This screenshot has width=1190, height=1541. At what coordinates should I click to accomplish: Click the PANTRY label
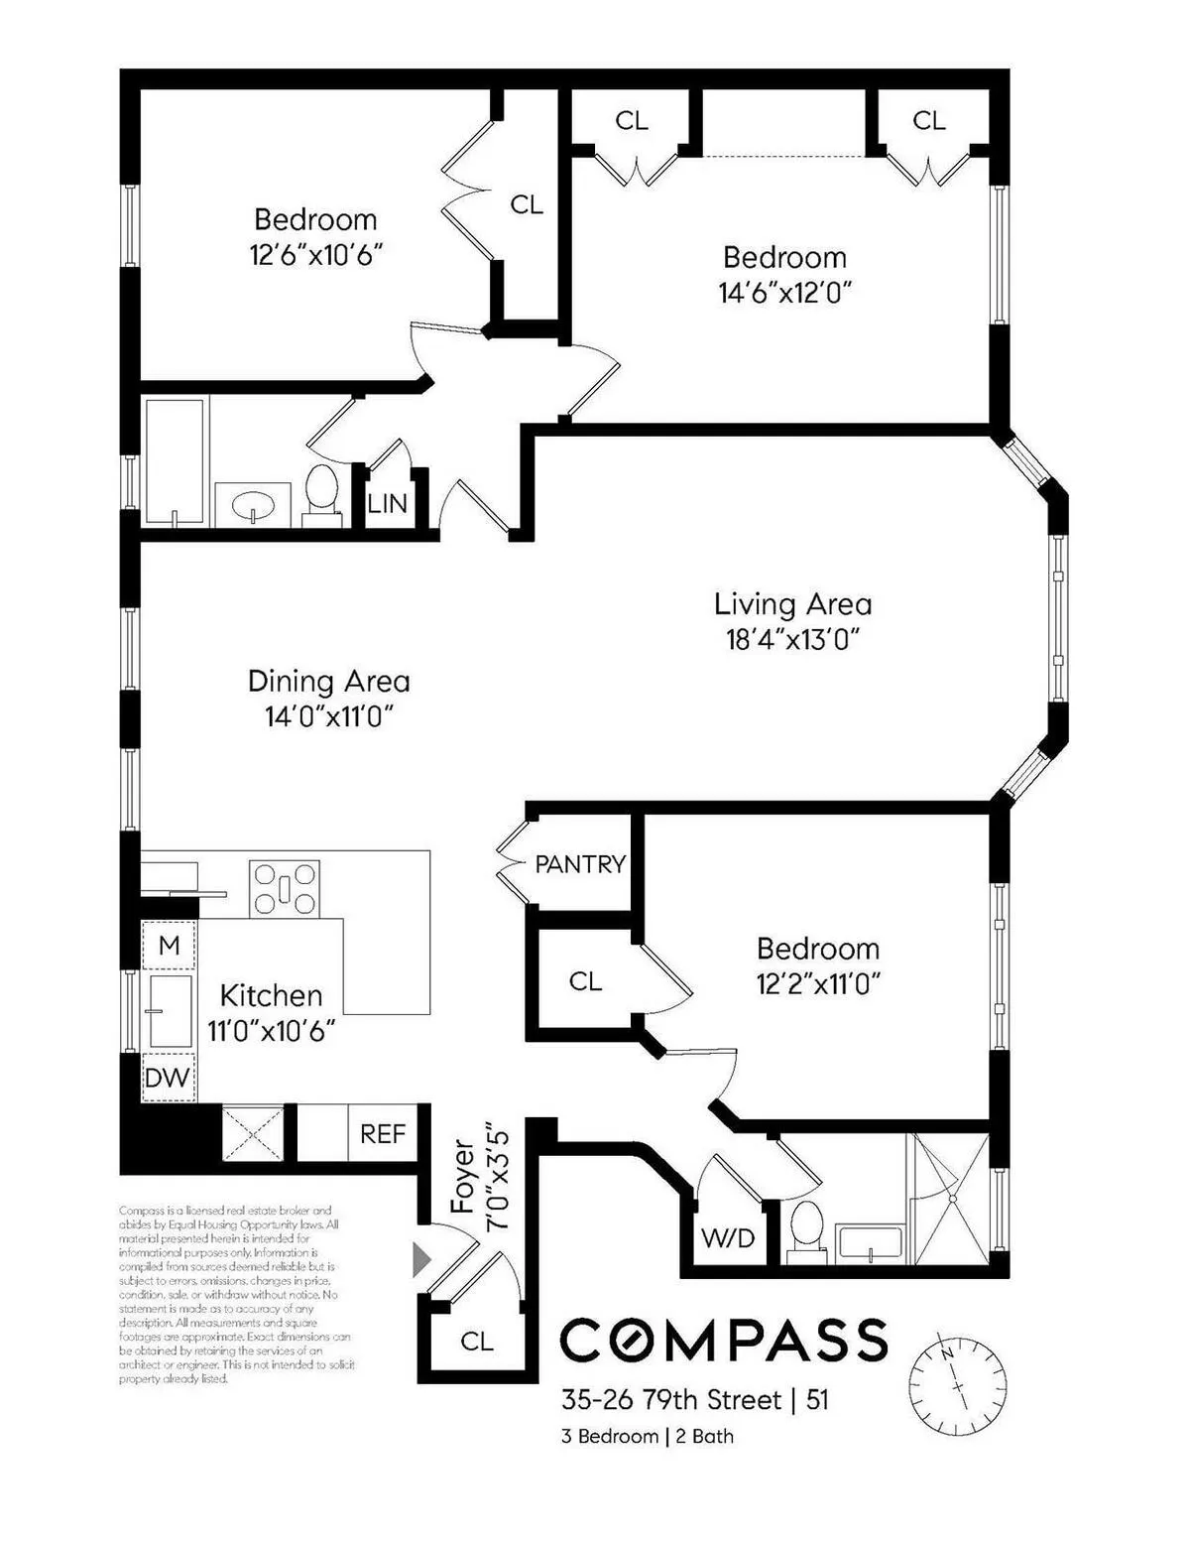click(x=580, y=864)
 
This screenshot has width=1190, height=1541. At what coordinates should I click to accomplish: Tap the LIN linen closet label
click(x=387, y=504)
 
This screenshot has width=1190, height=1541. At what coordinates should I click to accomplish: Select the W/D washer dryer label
click(x=728, y=1237)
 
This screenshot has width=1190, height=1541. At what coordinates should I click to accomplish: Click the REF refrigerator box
click(x=382, y=1133)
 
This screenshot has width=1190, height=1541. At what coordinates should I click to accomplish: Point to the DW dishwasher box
click(x=168, y=1078)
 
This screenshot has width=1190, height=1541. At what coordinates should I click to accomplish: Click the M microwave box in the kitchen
click(x=169, y=946)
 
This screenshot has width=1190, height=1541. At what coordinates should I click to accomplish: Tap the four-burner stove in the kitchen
click(x=285, y=887)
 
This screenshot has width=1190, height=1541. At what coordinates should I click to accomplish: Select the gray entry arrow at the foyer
click(x=421, y=1259)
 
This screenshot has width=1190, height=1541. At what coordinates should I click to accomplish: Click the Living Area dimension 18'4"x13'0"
click(x=792, y=640)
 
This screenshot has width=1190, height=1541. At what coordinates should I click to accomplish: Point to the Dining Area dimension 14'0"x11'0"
click(x=329, y=716)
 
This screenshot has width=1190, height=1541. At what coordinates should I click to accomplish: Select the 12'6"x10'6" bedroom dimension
click(x=316, y=255)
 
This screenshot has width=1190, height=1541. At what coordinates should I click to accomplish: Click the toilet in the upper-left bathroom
click(x=320, y=493)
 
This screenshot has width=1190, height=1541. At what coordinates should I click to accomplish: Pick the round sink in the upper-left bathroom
click(x=252, y=506)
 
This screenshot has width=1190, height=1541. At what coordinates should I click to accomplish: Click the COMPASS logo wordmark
click(x=724, y=1341)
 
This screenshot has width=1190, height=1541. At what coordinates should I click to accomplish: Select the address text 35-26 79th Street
click(x=671, y=1400)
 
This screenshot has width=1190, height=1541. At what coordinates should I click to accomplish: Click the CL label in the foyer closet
click(x=477, y=1342)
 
